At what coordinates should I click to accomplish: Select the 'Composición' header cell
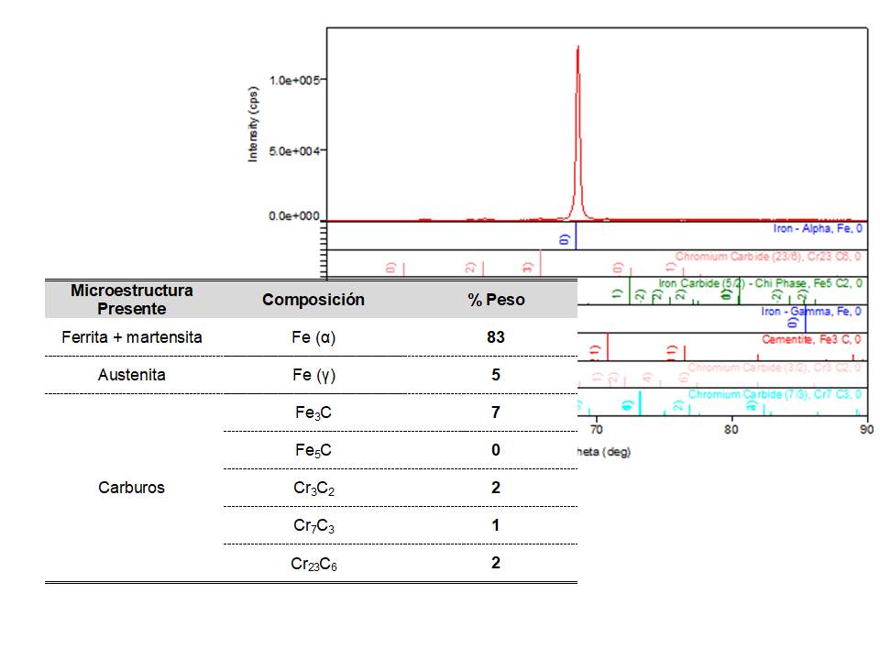coord(313,300)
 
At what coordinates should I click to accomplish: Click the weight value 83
coord(495,337)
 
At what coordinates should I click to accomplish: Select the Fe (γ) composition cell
coord(313,375)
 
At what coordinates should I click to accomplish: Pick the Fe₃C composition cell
coord(313,413)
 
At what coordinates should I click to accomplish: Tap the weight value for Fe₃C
coord(495,412)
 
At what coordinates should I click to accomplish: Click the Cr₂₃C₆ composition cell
coord(313,564)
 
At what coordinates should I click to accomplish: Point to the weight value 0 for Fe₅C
coord(495,450)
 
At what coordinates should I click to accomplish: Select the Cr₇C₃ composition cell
coord(313,526)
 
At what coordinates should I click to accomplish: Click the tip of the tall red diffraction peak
coord(577,47)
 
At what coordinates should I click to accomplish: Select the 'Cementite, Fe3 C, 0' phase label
coord(811,339)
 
